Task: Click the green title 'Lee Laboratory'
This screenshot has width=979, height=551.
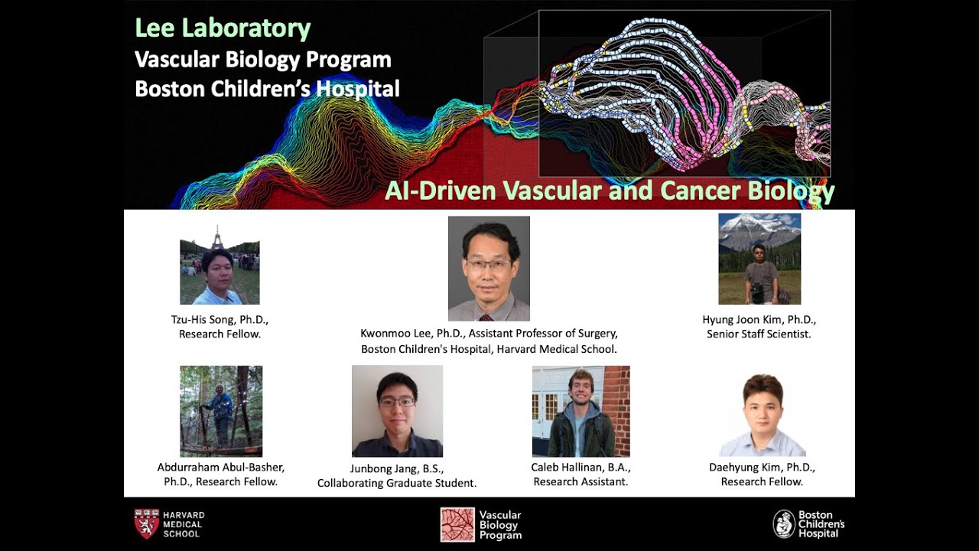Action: (x=223, y=28)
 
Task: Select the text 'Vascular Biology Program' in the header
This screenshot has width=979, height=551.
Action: (x=262, y=59)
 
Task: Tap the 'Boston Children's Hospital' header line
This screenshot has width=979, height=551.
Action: (x=267, y=89)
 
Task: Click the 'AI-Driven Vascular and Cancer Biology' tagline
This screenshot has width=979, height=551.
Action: (x=609, y=190)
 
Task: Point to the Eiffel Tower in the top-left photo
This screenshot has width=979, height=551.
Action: (x=217, y=237)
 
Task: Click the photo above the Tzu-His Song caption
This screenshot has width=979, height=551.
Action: (x=220, y=272)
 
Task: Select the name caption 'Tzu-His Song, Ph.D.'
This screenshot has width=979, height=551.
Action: (x=220, y=320)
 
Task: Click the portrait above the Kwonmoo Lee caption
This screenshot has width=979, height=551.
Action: (x=489, y=269)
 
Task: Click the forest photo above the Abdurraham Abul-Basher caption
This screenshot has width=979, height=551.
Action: (x=221, y=411)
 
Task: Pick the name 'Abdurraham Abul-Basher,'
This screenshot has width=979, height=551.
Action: (x=221, y=468)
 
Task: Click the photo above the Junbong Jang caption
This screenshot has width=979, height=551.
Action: (x=397, y=411)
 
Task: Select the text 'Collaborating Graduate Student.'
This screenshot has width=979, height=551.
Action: (x=397, y=483)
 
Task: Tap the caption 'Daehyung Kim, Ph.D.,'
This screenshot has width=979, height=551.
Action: (x=762, y=468)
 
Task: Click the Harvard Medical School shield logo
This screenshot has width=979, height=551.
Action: (x=147, y=523)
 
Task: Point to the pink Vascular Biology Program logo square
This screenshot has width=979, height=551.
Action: (x=457, y=524)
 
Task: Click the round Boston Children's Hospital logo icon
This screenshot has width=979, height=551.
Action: (x=783, y=524)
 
